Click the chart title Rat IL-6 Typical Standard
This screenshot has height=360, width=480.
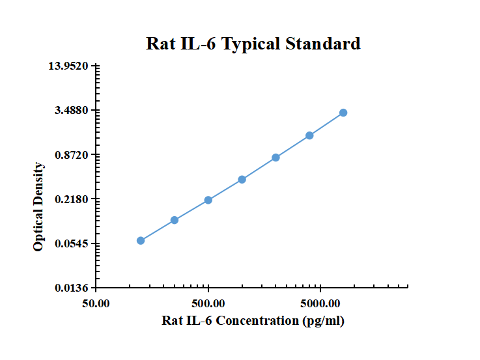click(x=253, y=44)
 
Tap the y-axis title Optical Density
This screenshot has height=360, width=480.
click(x=39, y=206)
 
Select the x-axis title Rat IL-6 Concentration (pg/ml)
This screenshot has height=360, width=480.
click(x=253, y=320)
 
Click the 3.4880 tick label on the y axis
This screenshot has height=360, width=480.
click(x=72, y=111)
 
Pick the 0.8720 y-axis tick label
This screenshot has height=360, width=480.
click(x=72, y=155)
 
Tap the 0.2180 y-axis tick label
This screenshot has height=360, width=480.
click(x=72, y=199)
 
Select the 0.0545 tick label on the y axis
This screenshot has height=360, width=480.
click(x=72, y=243)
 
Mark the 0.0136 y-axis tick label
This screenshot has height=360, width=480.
click(x=72, y=288)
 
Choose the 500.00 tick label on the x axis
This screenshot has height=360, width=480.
click(x=208, y=304)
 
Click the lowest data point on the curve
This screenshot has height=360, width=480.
click(x=141, y=241)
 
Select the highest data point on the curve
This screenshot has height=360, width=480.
click(x=343, y=113)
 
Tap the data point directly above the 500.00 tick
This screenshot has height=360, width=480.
click(x=208, y=200)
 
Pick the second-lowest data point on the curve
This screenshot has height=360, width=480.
click(x=175, y=220)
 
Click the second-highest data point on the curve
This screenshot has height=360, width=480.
click(x=309, y=135)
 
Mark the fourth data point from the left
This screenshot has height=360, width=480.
click(x=242, y=180)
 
